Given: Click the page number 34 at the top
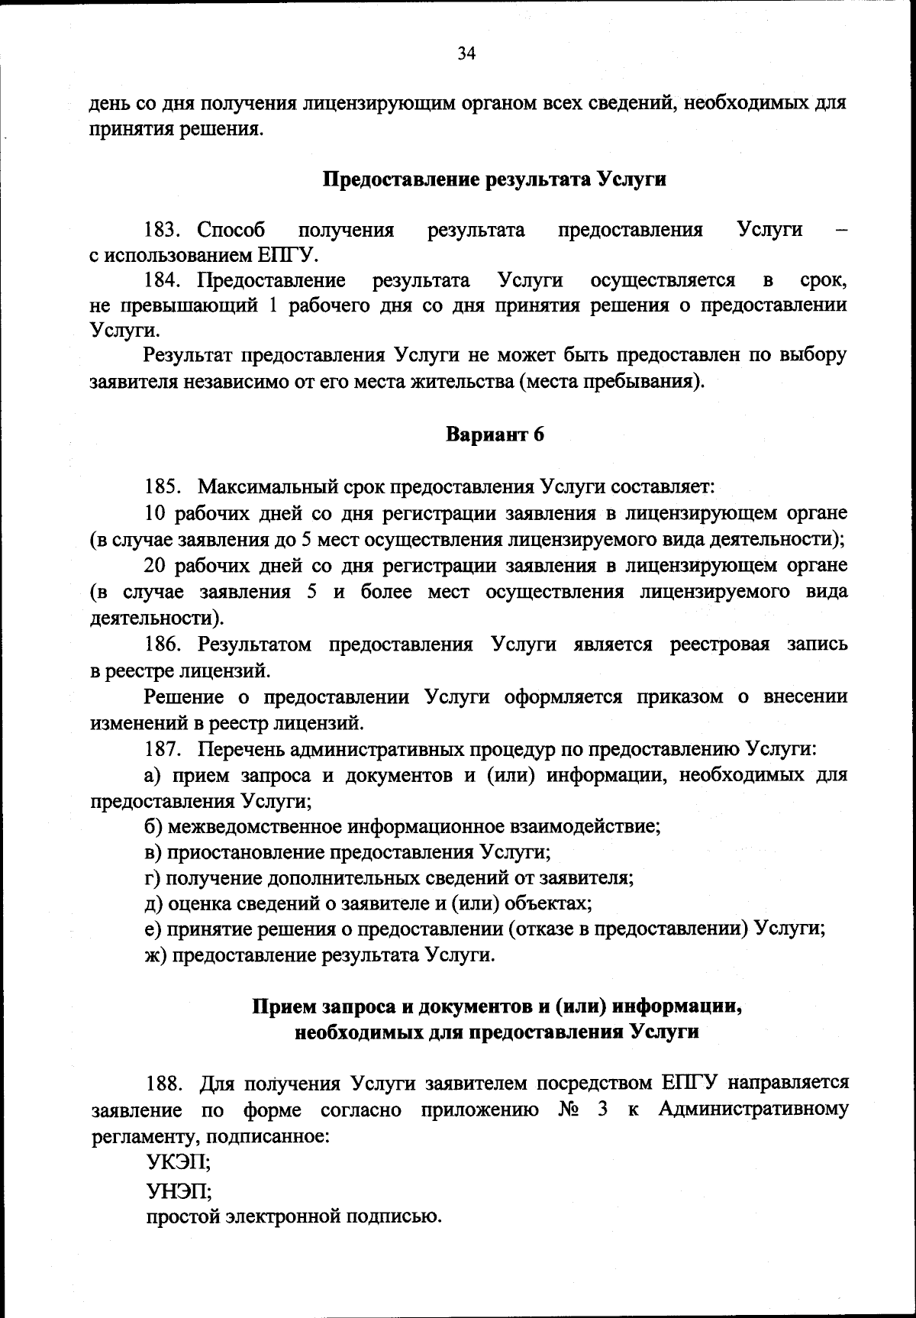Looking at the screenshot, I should coord(466,53).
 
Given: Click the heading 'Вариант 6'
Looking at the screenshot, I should coord(495,434).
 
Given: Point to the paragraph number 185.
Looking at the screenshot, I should coord(162,486).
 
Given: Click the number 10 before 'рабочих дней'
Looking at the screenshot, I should coord(155,512).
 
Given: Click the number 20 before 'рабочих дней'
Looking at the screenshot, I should coord(155,565).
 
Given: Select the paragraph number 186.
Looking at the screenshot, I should coord(162,644).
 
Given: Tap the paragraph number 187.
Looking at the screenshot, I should coord(162,749).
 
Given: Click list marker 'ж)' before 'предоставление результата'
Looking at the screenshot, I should coord(156,955).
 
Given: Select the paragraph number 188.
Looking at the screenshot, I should coord(163,1084).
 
